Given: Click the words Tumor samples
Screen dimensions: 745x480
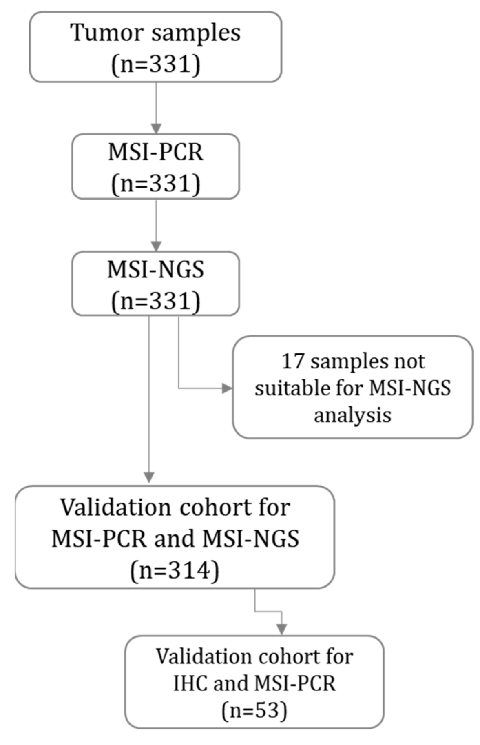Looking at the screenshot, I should [155, 32].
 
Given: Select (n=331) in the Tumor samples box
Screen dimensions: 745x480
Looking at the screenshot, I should [155, 64].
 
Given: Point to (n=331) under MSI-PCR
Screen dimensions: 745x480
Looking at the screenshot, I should [155, 183].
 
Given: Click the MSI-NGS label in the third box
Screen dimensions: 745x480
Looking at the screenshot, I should [155, 270].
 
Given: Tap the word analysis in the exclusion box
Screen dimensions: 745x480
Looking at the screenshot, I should [352, 415].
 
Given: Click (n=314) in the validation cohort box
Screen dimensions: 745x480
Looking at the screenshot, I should [175, 570].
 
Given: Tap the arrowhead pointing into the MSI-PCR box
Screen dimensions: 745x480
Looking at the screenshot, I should [155, 128].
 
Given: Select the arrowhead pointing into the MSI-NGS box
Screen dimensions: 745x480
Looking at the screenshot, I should [155, 246].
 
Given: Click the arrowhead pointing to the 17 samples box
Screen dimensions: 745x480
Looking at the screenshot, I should [227, 388].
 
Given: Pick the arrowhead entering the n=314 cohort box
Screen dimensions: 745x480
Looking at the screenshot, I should [149, 477].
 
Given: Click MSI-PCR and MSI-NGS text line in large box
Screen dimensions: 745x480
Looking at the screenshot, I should [175, 539].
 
